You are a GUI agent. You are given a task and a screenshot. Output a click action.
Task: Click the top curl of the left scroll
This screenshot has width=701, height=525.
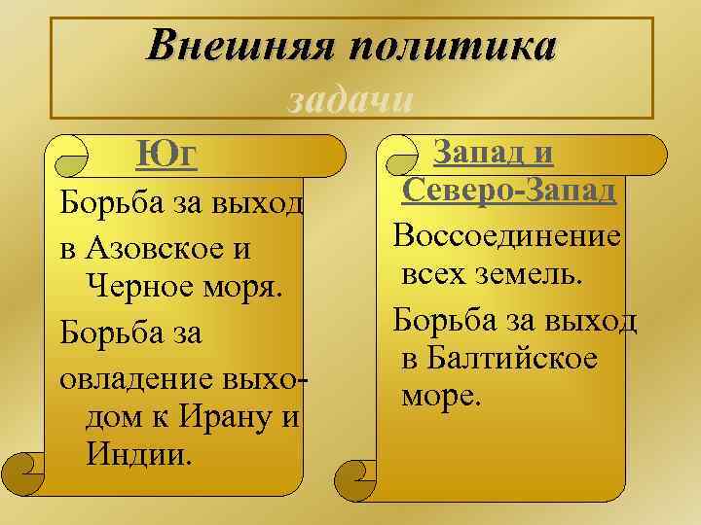pyautogui.click(x=74, y=157)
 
